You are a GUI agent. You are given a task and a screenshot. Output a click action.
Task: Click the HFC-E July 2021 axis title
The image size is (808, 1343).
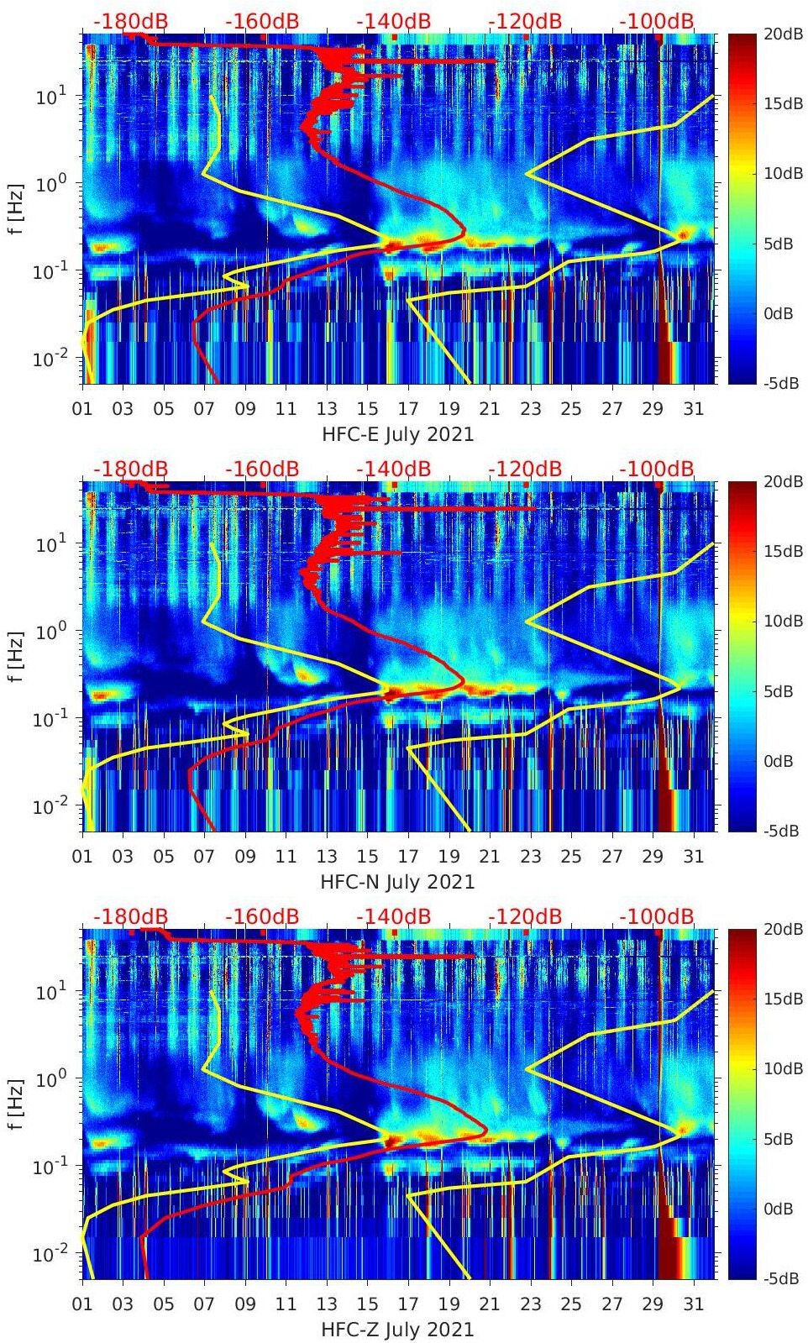(397, 434)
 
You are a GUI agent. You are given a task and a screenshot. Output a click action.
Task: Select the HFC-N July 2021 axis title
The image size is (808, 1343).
(397, 882)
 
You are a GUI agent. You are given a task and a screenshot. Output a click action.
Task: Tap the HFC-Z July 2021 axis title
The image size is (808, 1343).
(397, 1330)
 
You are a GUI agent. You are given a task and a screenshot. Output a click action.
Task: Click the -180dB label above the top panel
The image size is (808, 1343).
(130, 21)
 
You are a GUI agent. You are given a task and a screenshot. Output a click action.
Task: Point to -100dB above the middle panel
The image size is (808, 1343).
(657, 469)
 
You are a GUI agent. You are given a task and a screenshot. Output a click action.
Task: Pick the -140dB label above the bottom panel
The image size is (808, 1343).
(393, 916)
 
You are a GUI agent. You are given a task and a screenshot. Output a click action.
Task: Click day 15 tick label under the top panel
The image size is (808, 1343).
(367, 409)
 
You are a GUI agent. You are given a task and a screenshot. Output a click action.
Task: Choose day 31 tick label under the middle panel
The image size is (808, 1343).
(693, 857)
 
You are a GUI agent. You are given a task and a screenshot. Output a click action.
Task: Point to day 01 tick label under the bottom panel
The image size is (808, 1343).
(82, 1304)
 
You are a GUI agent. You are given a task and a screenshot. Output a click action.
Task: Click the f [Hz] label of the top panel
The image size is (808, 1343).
(16, 208)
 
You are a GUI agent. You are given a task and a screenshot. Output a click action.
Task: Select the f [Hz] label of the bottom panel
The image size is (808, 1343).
(16, 1104)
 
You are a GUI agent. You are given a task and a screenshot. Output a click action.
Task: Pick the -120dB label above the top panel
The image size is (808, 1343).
(525, 21)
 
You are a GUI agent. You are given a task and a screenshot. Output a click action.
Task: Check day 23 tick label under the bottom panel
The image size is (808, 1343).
(530, 1304)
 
